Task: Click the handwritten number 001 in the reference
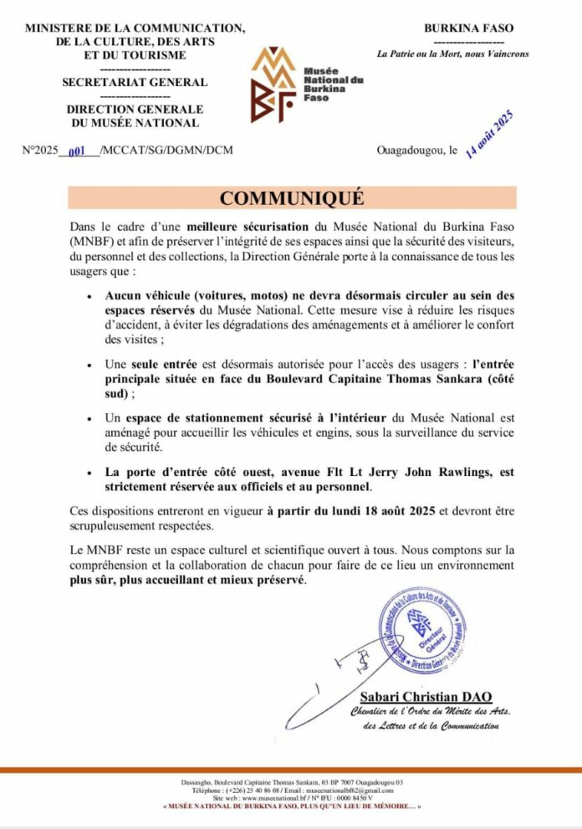click(x=77, y=151)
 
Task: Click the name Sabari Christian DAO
click(x=426, y=696)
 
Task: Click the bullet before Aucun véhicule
click(x=89, y=296)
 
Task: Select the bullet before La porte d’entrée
click(x=89, y=473)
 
